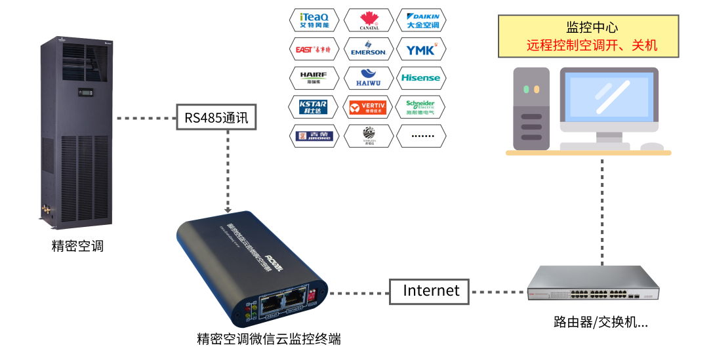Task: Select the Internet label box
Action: click(430, 291)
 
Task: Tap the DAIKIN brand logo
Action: click(422, 20)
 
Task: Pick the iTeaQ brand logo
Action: click(314, 20)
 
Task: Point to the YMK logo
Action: click(422, 49)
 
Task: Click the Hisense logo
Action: click(422, 78)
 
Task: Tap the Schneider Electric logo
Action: click(422, 107)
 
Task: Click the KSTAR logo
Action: click(314, 107)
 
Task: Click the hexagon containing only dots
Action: click(422, 136)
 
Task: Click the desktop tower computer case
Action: click(531, 108)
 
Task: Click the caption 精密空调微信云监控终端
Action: click(269, 340)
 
